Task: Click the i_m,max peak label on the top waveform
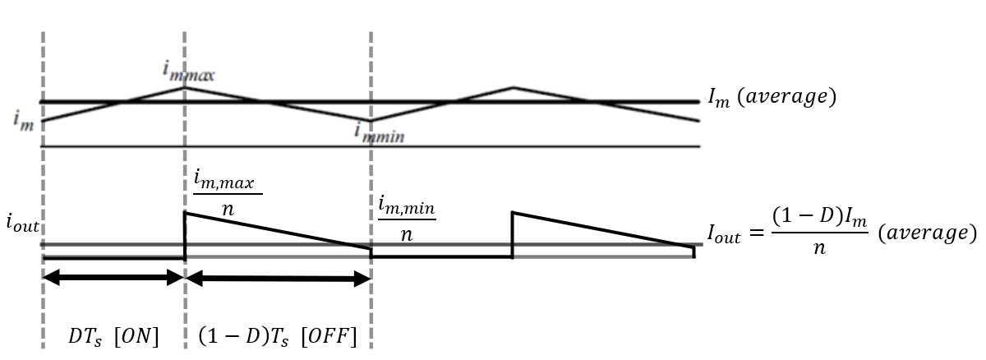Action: coord(189,74)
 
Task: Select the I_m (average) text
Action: coord(772,98)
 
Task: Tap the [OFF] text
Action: coord(329,337)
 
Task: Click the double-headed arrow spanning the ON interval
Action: coord(113,279)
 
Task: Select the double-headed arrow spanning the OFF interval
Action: coord(278,279)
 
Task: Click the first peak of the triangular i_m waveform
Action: coord(185,87)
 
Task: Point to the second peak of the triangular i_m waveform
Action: coord(514,86)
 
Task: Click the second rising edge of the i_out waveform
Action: coord(513,235)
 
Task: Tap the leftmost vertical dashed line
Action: coord(42,181)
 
